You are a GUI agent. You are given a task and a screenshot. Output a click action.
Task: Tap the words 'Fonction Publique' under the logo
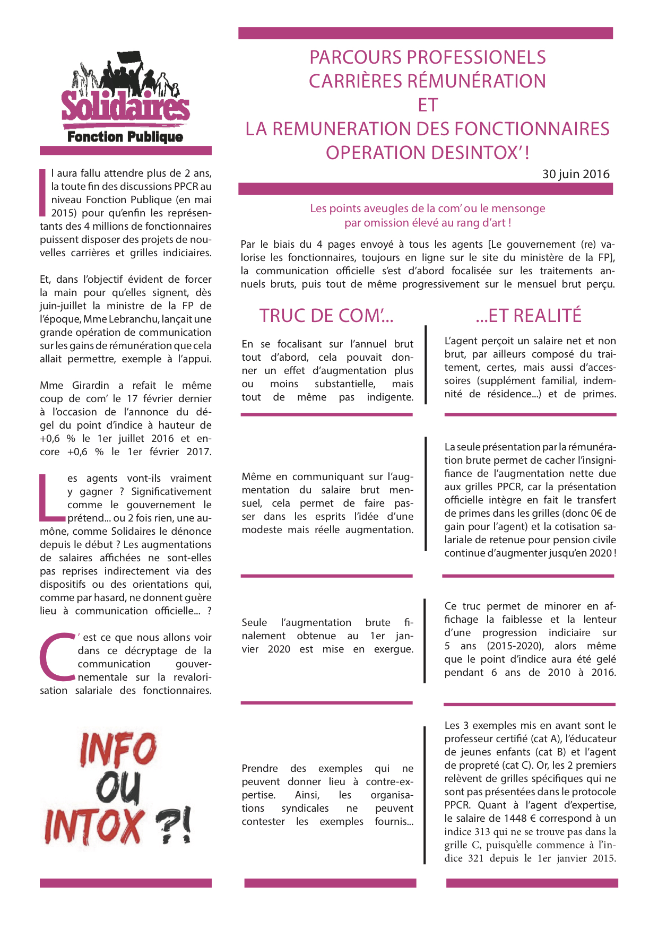pos(125,137)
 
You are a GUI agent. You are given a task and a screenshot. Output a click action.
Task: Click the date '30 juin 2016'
pos(576,174)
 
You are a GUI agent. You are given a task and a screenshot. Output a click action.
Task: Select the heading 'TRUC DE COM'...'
pos(326,316)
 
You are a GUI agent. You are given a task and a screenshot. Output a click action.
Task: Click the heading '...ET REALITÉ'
pos(529,316)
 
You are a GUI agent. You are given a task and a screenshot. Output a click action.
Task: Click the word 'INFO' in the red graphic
pos(118,750)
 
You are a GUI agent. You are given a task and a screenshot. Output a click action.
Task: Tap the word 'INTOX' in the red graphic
pos(94,827)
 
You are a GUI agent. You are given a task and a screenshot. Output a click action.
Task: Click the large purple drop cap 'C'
pos(57,657)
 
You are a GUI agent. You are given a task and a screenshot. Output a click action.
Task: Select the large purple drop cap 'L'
pos(51,498)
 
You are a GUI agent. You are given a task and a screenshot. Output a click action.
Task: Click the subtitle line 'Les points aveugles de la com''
pos(427,208)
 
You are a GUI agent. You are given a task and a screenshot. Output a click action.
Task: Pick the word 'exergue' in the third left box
pos(393,649)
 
